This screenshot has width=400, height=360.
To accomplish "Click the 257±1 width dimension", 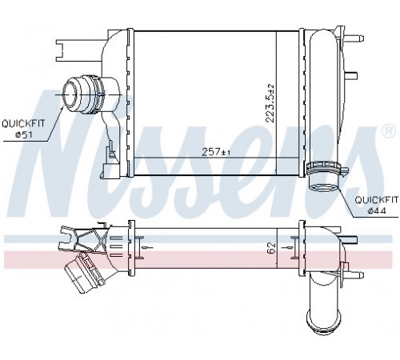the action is tap(216, 152).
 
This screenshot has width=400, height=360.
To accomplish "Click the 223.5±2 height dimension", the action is tap(270, 103).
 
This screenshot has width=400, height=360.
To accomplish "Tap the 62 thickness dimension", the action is tap(271, 248).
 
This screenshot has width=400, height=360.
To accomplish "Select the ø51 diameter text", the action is tap(24, 134).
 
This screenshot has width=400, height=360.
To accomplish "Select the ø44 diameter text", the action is tap(377, 210).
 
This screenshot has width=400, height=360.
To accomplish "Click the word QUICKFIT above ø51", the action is tap(23, 124).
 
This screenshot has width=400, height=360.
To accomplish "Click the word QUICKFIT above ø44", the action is tap(377, 199).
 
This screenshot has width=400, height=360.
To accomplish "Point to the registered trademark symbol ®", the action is tap(389, 130).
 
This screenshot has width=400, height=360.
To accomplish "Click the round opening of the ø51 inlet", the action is tap(70, 95).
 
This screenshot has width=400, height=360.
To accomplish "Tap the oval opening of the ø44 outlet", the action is tap(323, 188).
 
